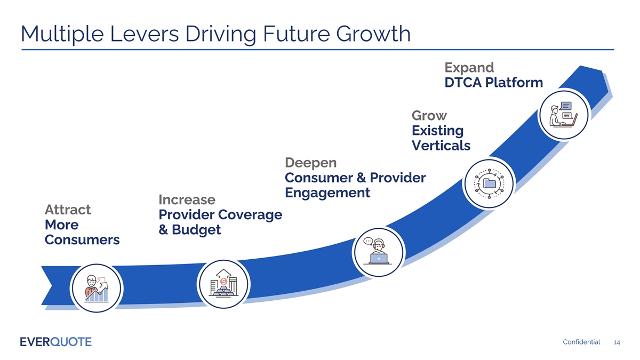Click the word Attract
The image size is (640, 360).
coord(68,209)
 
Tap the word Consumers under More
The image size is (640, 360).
coord(82,240)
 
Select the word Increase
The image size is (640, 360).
coord(187,199)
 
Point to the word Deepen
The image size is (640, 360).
coord(311,162)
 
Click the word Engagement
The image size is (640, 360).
coord(327,193)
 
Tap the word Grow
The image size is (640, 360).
coord(429,116)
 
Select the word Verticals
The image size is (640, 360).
coord(441,146)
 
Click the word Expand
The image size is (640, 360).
coord(469,68)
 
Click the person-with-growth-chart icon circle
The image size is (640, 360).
coord(97,289)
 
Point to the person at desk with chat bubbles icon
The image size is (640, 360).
coord(563,114)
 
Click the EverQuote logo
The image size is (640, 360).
coord(55,341)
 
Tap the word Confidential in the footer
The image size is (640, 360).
coord(581,342)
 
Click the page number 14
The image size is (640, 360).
coord(617,342)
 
